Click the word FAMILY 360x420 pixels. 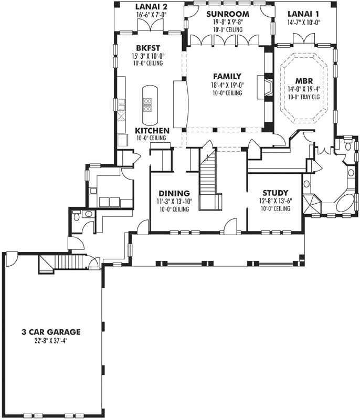227,76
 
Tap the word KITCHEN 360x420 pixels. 152,130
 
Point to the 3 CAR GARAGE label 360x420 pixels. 50,331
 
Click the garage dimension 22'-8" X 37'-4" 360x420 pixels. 50,340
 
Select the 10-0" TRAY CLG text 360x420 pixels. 305,97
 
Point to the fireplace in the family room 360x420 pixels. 268,87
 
